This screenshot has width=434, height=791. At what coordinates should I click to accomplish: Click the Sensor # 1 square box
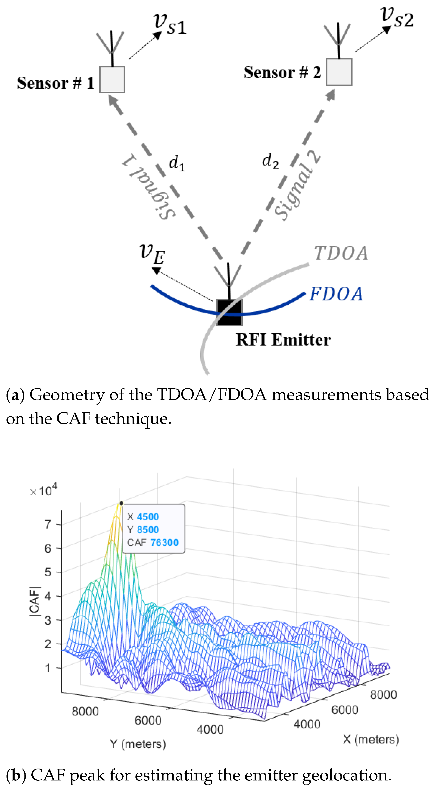112,80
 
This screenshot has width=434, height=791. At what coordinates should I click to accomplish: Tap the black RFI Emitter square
229,312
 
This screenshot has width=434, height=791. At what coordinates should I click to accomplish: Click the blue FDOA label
336,294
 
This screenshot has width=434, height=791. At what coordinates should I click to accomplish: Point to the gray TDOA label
341,253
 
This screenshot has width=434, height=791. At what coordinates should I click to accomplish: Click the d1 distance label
177,163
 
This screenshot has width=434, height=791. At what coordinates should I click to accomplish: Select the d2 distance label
270,161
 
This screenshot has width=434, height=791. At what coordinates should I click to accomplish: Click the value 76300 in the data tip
165,543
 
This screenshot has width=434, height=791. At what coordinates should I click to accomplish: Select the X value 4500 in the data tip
148,517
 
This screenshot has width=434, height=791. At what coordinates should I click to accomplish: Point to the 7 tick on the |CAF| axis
48,524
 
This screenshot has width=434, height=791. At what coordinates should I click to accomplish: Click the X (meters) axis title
371,739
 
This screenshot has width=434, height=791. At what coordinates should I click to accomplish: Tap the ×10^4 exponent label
44,491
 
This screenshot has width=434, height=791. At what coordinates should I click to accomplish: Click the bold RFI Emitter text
283,340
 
